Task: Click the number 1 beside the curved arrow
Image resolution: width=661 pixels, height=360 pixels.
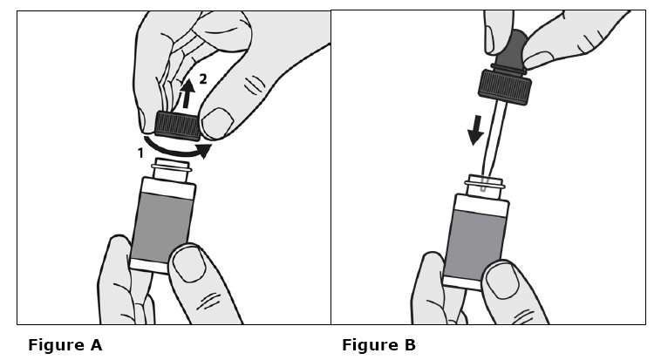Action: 140,153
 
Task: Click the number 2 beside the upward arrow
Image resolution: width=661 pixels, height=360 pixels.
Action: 203,78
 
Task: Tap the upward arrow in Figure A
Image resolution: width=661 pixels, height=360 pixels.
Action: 187,93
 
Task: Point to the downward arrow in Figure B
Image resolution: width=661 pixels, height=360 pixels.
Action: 476,130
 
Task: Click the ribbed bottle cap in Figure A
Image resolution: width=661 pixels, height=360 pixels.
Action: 178,126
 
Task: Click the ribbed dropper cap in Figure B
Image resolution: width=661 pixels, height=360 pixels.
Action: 505,87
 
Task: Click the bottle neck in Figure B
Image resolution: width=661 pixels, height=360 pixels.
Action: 485,187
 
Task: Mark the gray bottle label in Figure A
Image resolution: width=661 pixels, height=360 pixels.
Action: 162,227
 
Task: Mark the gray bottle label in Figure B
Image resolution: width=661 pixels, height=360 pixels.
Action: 475,244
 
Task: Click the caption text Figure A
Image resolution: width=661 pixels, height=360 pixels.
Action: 65,345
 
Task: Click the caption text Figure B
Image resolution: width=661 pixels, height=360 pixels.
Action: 378,345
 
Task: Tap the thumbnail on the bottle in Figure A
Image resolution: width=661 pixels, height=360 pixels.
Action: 189,263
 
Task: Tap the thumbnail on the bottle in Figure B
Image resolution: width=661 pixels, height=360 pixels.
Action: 501,281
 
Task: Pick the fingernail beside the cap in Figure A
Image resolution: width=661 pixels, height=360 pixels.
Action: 217,122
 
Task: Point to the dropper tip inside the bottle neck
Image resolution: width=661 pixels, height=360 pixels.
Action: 483,186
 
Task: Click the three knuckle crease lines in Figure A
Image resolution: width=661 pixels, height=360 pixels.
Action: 255,85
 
